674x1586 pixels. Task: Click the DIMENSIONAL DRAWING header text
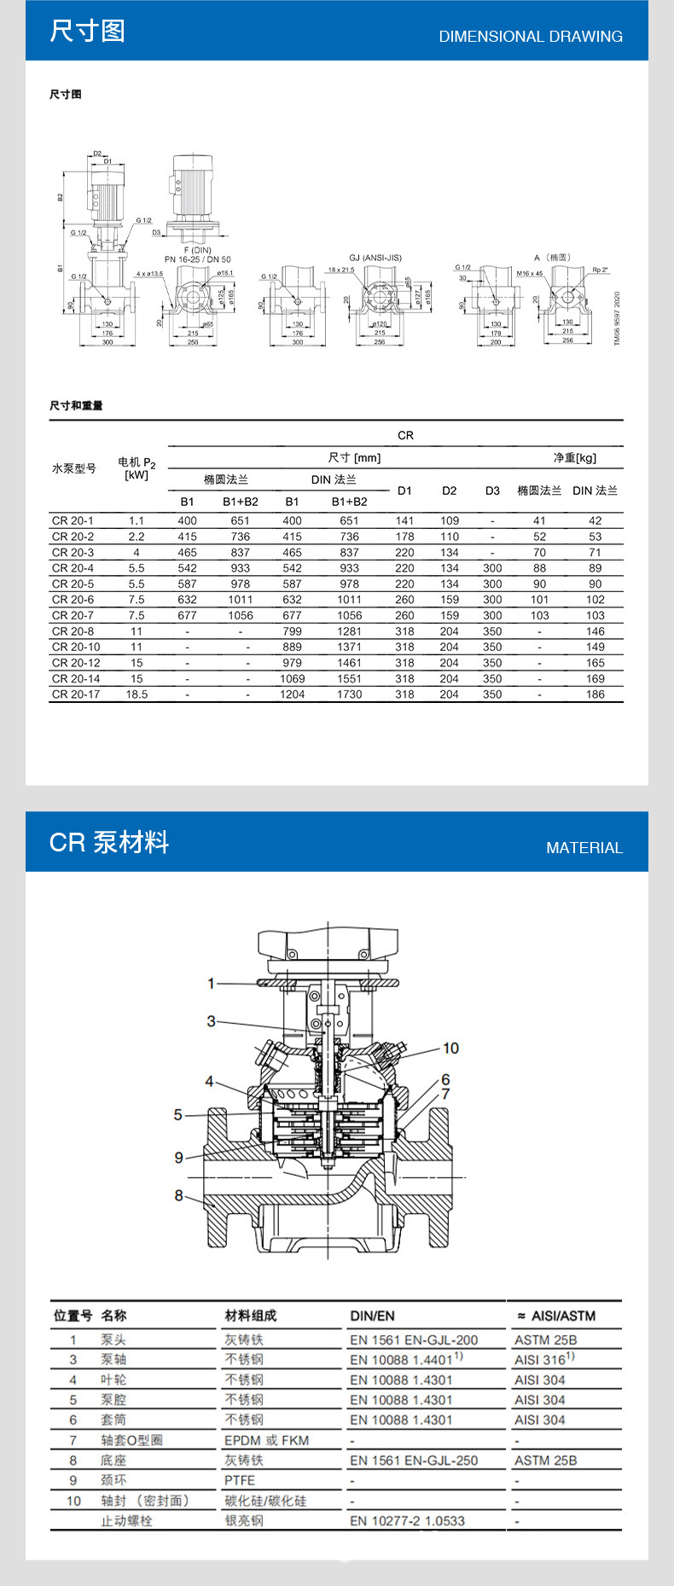531,37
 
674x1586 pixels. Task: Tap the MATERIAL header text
584,848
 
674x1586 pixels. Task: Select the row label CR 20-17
76,694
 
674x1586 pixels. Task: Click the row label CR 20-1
73,520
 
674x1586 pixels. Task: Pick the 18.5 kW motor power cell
137,694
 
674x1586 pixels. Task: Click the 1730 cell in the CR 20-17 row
349,694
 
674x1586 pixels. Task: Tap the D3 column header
492,491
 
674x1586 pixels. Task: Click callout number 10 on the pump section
450,1048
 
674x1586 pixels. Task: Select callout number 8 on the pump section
179,1195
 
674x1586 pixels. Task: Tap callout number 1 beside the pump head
212,984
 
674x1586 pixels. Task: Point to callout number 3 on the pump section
212,1021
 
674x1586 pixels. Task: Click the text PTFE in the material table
240,1480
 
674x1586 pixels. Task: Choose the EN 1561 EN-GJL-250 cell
414,1460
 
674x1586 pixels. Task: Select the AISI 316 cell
543,1359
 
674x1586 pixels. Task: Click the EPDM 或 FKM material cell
266,1440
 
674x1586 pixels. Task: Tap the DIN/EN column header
372,1316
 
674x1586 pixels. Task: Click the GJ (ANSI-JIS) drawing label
375,258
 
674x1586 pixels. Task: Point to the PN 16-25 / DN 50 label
197,259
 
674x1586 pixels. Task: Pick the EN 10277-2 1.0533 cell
407,1520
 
